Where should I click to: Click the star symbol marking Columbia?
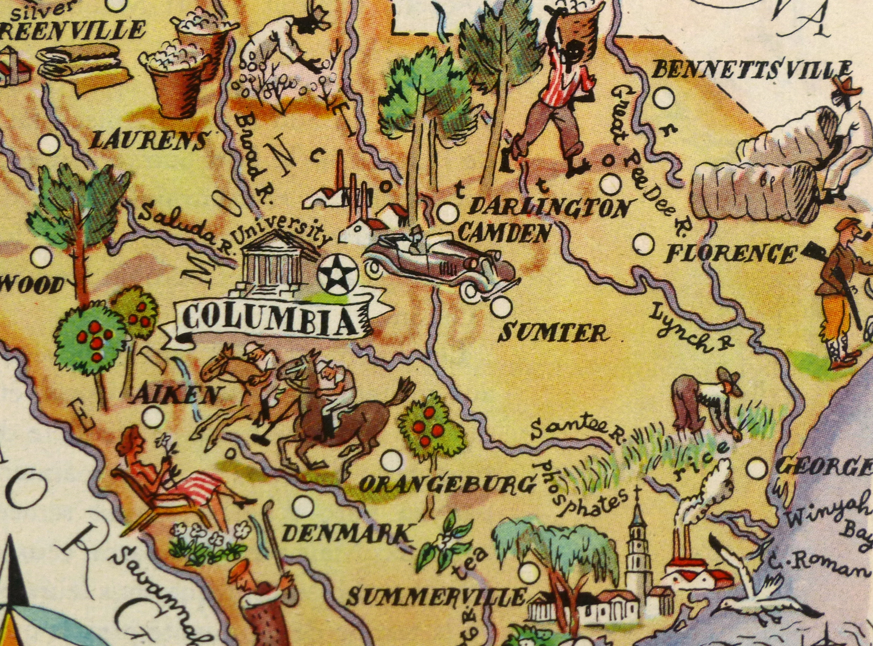[338, 274]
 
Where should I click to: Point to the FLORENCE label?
[730, 254]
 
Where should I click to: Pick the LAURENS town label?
[148, 141]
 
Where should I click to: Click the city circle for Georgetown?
[758, 468]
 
